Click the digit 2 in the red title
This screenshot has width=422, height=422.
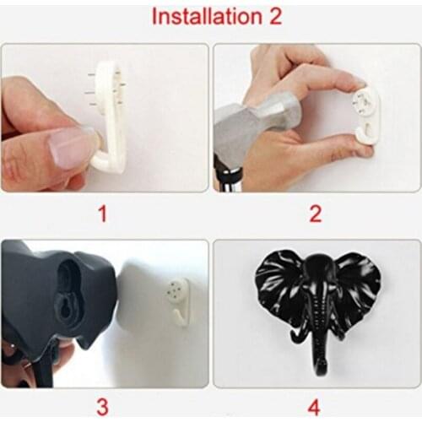275,16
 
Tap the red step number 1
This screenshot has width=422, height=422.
103,214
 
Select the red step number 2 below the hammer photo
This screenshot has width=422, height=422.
315,214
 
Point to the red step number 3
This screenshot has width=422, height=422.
102,407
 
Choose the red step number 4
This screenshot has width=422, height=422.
314,407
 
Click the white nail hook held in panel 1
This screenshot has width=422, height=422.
108,118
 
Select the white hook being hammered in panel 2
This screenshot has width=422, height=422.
365,116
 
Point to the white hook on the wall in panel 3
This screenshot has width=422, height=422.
179,301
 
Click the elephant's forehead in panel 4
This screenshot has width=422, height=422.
319,268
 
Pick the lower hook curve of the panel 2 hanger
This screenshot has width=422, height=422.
365,135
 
